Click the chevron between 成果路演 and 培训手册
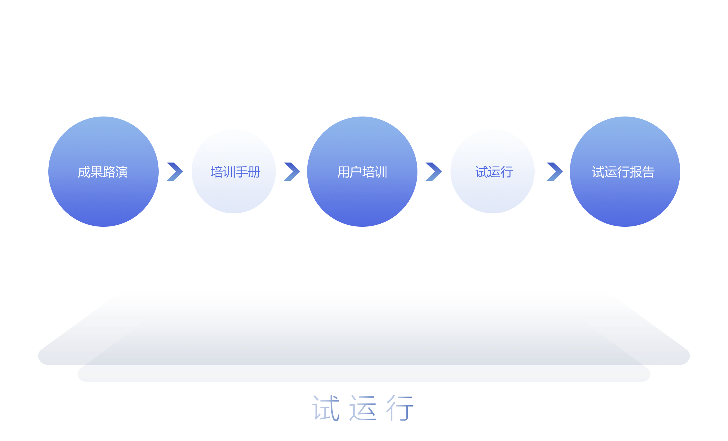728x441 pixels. (x=175, y=172)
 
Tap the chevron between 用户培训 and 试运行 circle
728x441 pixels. (x=434, y=172)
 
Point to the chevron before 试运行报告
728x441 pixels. (x=555, y=172)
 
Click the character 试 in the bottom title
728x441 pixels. (x=326, y=408)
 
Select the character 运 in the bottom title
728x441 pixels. (x=363, y=408)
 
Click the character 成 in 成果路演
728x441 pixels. (x=84, y=172)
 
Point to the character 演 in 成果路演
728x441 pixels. (x=121, y=172)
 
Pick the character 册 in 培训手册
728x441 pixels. (x=255, y=172)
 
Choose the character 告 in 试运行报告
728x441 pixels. (x=648, y=172)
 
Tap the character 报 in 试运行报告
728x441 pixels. (x=636, y=172)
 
